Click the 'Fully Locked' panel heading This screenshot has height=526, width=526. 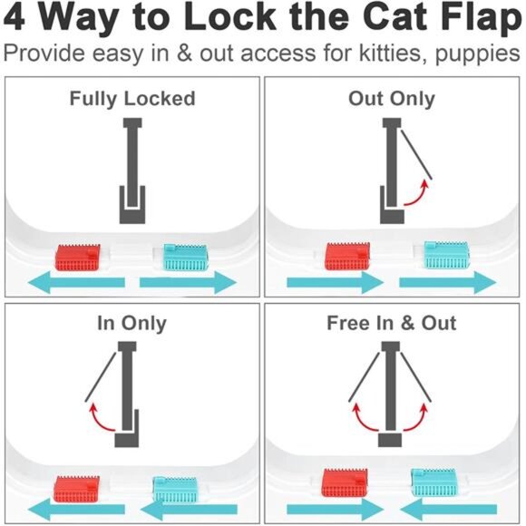click(132, 98)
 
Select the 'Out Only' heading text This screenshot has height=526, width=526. click(392, 98)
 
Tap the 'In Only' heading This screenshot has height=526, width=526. click(132, 323)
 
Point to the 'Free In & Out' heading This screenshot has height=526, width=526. click(392, 323)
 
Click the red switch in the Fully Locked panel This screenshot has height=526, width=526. click(79, 257)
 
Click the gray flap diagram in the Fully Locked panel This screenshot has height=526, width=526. click(132, 172)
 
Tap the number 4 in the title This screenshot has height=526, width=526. click(20, 20)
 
